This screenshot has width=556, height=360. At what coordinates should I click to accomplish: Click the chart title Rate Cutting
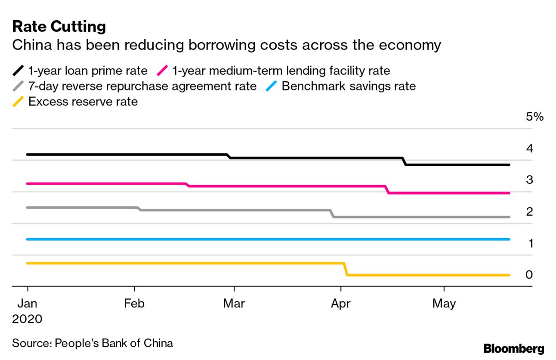[59, 27]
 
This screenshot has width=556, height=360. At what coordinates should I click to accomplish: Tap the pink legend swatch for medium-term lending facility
[164, 71]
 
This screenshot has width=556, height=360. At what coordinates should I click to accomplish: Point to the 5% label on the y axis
[534, 117]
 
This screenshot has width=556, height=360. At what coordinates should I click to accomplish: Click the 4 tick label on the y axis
[529, 149]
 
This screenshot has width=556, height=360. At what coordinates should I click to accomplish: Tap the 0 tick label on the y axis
[529, 275]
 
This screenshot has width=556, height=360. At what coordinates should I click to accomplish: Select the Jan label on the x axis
[27, 304]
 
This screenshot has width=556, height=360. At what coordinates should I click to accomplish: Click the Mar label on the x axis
[234, 304]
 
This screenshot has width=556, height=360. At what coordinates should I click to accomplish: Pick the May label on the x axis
[444, 304]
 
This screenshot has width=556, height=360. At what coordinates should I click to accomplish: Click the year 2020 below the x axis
[27, 319]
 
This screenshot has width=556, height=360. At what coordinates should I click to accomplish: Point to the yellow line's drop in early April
[346, 269]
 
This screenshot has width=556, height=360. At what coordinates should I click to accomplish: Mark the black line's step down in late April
[405, 161]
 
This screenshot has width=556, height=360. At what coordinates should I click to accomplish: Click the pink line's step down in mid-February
[188, 185]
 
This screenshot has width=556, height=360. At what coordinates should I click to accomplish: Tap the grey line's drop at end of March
[332, 214]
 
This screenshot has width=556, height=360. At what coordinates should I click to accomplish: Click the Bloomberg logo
[513, 348]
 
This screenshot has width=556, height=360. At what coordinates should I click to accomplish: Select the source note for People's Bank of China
[93, 343]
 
